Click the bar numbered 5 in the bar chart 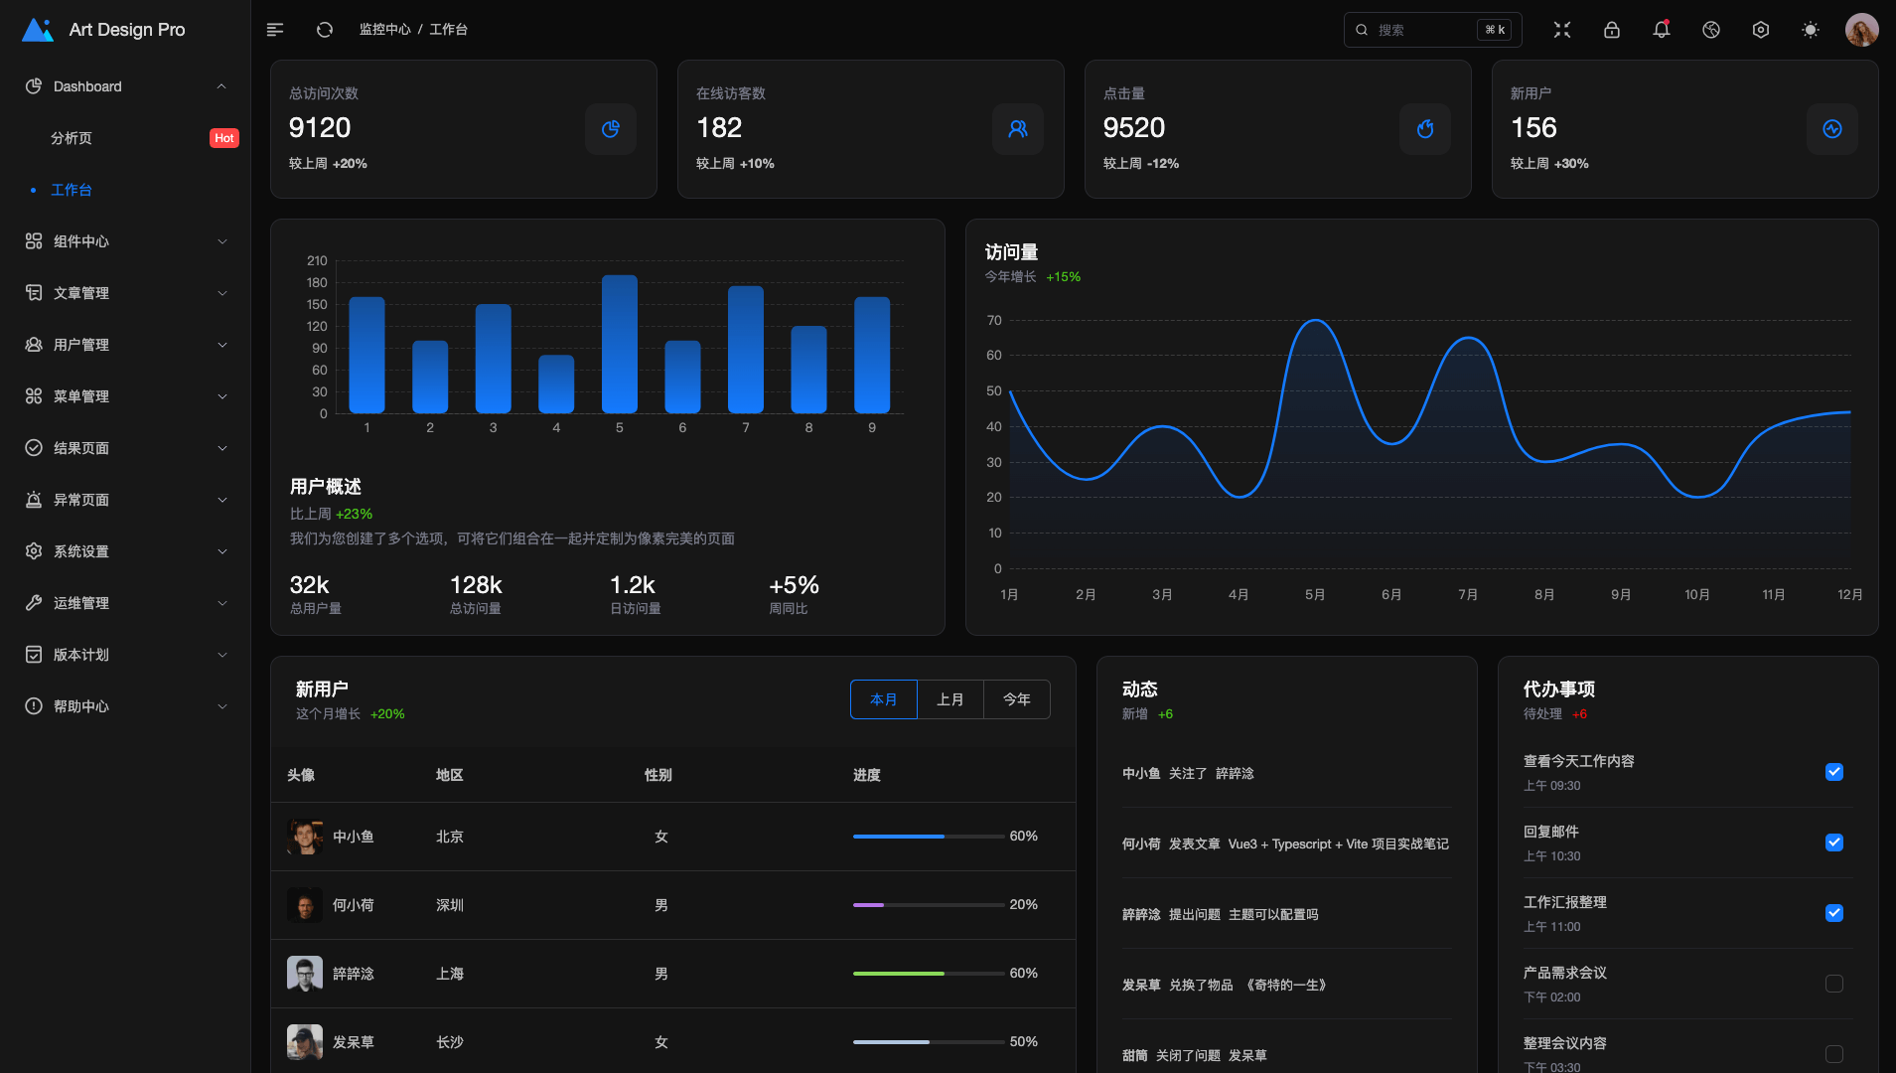coord(620,344)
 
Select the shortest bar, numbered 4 coord(556,383)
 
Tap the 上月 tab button coord(950,699)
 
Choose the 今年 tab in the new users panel coord(1016,699)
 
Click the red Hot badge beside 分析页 coord(224,138)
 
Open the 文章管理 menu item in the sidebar coord(81,293)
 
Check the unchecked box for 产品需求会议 coord(1833,984)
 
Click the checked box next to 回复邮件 coord(1833,843)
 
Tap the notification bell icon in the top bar coord(1661,30)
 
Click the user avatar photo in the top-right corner coord(1861,30)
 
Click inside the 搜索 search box coord(1420,30)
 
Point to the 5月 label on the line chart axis coord(1315,594)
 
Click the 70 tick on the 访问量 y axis coord(994,320)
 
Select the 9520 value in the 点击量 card coord(1133,127)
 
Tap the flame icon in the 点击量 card coord(1424,129)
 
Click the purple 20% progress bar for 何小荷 coord(869,905)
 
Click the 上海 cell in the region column coord(450,974)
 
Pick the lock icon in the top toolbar coord(1611,30)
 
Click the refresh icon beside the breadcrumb coord(325,30)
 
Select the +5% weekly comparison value coord(794,585)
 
